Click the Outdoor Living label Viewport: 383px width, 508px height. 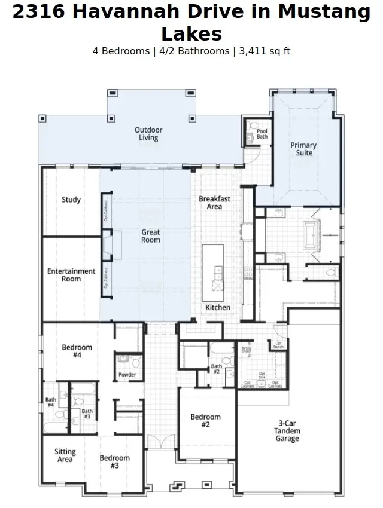148,134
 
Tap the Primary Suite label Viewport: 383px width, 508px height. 303,149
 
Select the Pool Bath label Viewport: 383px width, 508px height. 262,134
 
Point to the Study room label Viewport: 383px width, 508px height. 71,200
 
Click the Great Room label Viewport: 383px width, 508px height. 151,235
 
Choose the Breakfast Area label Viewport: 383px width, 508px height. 214,202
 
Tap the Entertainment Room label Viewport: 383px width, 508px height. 71,275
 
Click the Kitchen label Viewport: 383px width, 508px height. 218,307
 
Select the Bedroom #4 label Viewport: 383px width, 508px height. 77,351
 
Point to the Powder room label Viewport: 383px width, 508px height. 127,375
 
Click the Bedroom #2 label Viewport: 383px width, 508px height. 205,421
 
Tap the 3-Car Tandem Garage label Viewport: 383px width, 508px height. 288,430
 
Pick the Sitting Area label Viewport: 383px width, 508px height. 65,455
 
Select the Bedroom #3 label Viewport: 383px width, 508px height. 115,462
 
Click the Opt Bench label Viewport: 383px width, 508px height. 279,345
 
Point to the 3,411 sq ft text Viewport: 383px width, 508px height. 265,51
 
